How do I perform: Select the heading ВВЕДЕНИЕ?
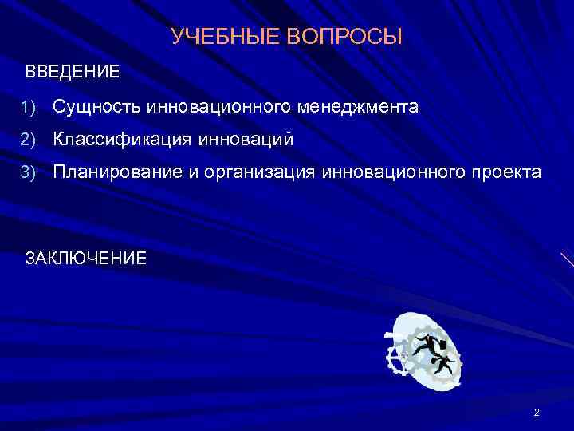pos(73,72)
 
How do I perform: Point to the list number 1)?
pos(29,107)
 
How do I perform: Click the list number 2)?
pos(29,140)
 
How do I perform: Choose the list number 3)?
pos(29,172)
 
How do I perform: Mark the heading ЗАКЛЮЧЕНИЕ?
pos(86,258)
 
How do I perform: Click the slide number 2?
pos(537,412)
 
